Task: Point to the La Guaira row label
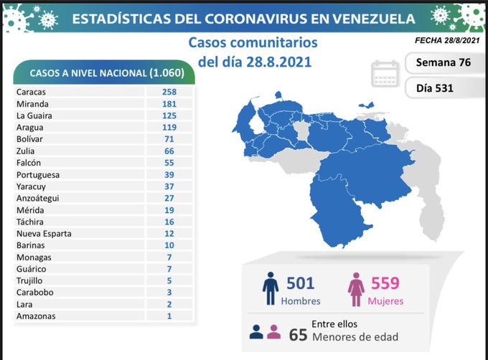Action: pos(34,115)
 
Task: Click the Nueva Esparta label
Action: pos(42,234)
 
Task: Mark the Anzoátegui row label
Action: pos(38,198)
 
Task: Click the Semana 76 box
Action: pos(443,62)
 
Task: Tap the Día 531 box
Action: pos(443,89)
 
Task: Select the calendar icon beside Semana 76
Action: pos(385,74)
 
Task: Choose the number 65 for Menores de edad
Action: pos(299,335)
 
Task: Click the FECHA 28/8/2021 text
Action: pos(446,40)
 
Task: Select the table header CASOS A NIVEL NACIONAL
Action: pos(106,73)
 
